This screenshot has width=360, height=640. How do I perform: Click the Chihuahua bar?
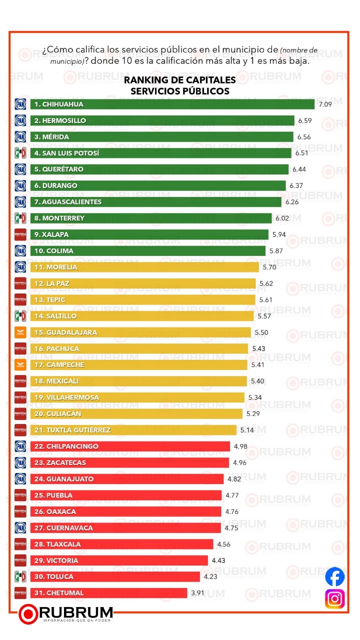(x=172, y=104)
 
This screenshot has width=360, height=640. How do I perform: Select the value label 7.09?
(x=324, y=104)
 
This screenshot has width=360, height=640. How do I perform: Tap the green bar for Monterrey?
(x=150, y=218)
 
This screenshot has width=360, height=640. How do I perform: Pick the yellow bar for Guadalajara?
(x=140, y=332)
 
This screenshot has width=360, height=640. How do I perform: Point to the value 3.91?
(x=197, y=593)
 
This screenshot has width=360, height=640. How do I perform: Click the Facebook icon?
(x=334, y=576)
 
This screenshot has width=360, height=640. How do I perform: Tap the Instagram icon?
(x=334, y=598)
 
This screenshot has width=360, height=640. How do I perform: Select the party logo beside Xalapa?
(x=20, y=234)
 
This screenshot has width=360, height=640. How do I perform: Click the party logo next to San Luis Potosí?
(x=20, y=153)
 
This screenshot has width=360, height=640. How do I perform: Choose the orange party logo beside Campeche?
(x=20, y=365)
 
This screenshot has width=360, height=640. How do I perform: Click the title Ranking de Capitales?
(x=179, y=80)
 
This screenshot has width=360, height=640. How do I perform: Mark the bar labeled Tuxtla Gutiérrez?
(x=133, y=430)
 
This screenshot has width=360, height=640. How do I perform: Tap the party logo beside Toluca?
(x=20, y=576)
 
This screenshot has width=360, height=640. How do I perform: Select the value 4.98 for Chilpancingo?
(x=239, y=446)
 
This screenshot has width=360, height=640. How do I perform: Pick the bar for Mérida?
(x=161, y=136)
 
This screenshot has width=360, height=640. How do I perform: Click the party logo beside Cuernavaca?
(x=20, y=528)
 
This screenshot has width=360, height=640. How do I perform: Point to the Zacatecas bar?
(x=129, y=462)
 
